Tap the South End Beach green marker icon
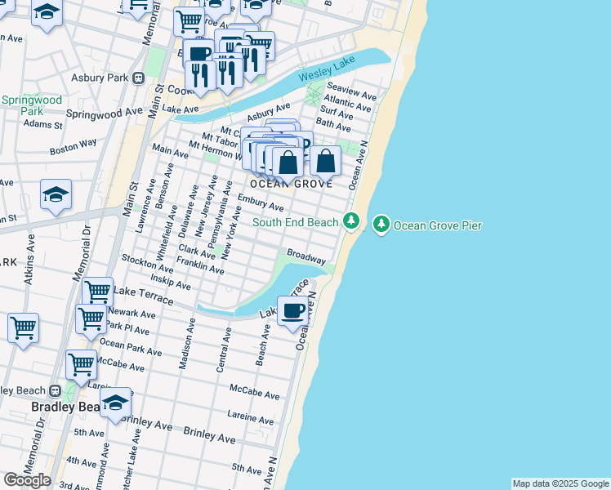(x=351, y=221)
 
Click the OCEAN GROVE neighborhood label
(x=291, y=184)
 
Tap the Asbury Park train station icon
(x=139, y=78)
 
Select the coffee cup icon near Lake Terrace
(x=292, y=310)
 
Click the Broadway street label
(x=305, y=256)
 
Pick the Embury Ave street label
(x=261, y=203)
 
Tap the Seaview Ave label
(x=351, y=90)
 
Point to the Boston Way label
(x=73, y=147)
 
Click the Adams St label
(x=43, y=125)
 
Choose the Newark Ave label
(x=131, y=314)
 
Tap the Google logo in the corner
(x=26, y=480)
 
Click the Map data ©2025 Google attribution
(x=560, y=483)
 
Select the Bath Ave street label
(x=333, y=125)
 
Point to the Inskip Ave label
(x=172, y=283)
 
